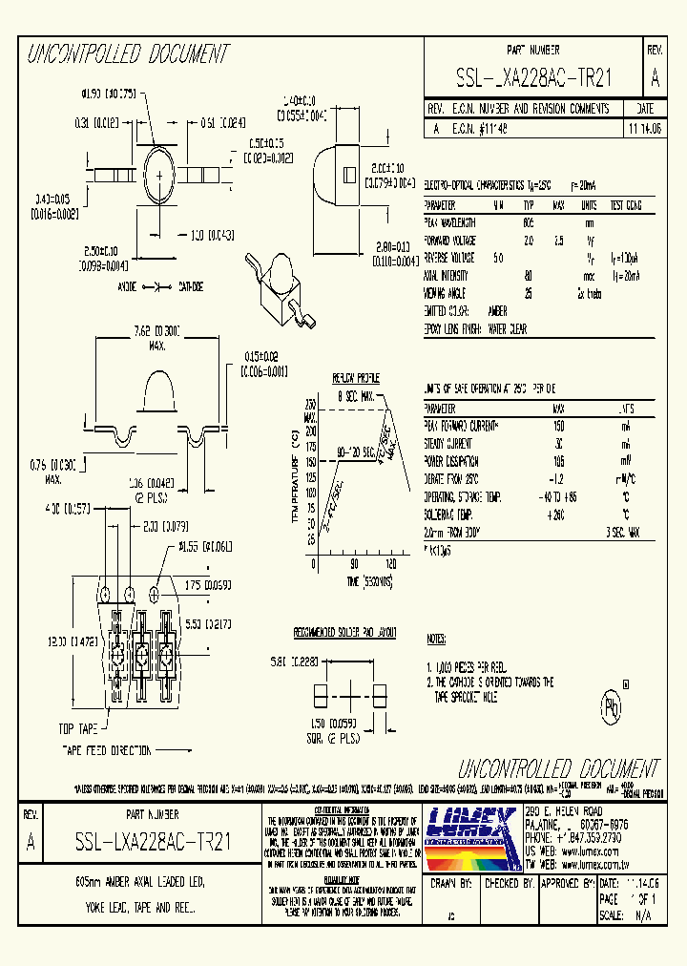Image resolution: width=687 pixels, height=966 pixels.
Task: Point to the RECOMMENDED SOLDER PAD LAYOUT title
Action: coord(344,633)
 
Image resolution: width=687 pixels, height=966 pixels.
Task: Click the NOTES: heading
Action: coord(436,638)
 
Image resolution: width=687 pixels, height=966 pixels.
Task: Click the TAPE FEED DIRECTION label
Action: coord(106,750)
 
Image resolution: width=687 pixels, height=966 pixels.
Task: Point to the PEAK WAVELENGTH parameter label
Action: coord(449,222)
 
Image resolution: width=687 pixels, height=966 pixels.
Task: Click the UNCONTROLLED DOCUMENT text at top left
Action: coord(128,54)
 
